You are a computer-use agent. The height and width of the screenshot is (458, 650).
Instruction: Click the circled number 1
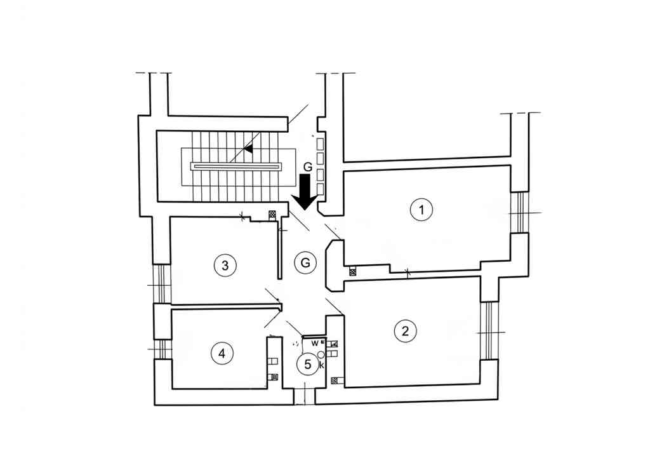pos(421,210)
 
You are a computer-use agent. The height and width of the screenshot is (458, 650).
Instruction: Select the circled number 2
pos(405,331)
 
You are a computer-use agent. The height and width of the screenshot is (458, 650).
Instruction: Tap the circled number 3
pos(225,265)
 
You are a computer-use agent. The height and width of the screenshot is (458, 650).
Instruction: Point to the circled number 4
pos(222,353)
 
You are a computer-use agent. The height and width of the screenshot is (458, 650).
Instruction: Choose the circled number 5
pos(308,364)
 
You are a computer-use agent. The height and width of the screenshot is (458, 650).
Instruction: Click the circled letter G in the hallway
pos(305,262)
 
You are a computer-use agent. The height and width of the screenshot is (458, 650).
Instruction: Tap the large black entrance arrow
pos(306,192)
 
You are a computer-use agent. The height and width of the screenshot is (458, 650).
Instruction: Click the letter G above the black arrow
pos(308,167)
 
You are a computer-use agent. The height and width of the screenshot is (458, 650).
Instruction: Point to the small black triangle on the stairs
pos(248,148)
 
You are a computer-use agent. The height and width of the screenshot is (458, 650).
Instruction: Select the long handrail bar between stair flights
pos(237,166)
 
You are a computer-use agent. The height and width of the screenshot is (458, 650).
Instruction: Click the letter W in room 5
pos(315,344)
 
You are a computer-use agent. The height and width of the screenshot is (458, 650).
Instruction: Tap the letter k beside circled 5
pos(322,365)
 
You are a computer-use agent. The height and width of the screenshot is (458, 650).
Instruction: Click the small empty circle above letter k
pos(321,354)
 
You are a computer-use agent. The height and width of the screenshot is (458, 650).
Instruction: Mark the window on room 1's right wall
pos(520,213)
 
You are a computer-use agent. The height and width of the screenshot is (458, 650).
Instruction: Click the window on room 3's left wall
pos(162,284)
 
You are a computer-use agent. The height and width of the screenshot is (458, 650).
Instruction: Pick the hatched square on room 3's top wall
pos(272,215)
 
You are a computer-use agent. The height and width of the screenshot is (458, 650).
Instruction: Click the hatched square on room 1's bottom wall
pos(352,272)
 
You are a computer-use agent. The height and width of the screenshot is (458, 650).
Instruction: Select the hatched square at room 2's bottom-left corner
pos(335,381)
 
